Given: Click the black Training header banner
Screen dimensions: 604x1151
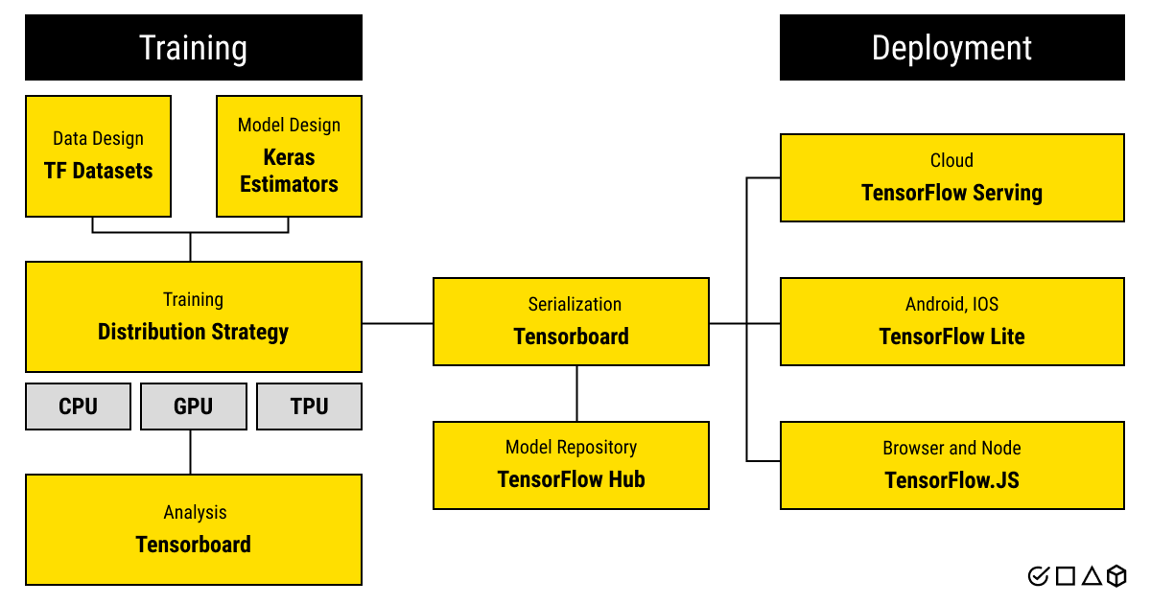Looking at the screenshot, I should [194, 47].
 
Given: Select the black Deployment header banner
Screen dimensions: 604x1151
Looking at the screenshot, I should [951, 47].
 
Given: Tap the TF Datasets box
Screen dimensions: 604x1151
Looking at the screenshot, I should [98, 155].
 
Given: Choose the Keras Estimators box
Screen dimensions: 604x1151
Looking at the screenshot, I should [289, 155].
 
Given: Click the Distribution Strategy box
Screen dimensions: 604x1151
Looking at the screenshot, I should [193, 316].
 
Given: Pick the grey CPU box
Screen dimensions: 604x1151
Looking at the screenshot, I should [78, 407].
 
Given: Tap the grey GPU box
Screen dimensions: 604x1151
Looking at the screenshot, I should [193, 407].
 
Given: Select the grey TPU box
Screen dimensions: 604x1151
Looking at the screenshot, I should [309, 407].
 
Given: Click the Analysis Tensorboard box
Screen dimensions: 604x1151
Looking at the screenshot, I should [193, 529].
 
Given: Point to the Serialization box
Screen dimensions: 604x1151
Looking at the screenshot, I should [571, 321].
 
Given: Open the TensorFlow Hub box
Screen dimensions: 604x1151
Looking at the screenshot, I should [571, 465].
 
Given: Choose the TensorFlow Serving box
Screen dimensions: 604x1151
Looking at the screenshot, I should [951, 177].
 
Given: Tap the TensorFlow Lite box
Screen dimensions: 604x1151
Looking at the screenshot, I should [951, 321].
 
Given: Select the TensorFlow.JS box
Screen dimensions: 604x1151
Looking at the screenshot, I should [951, 465].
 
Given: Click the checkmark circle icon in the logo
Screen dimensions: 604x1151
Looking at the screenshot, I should [1038, 576].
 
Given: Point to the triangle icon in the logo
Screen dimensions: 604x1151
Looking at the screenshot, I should [1091, 576].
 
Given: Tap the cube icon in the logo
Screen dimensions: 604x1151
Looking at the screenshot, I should [1116, 576].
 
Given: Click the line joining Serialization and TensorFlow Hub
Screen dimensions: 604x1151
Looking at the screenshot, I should [576, 393].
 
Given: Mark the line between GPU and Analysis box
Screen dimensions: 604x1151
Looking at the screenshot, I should [191, 452].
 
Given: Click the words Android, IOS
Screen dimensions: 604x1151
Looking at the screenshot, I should [951, 305].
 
